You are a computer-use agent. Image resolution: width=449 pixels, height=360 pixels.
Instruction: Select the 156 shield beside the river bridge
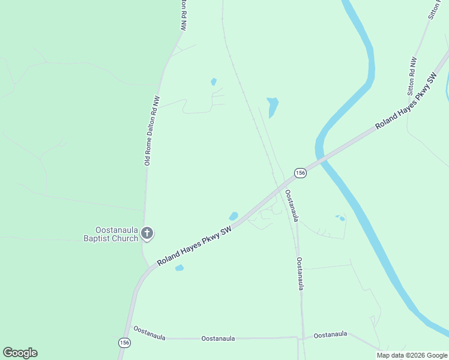point(300,173)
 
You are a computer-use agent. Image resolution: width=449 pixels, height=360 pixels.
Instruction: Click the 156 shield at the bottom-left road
point(124,343)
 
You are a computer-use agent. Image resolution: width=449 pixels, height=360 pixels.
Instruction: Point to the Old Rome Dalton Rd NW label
point(152,131)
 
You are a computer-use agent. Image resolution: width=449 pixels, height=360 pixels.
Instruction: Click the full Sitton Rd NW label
point(412,77)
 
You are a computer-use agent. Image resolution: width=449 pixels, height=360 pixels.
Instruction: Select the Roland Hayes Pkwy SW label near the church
point(194,247)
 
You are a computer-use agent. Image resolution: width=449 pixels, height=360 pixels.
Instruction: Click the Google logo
point(20,353)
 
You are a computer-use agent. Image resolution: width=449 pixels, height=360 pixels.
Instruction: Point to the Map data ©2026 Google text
point(412,355)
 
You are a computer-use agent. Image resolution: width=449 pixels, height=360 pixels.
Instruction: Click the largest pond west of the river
point(273,106)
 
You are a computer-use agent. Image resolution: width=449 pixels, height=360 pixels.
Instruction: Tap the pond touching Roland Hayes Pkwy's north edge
point(234,216)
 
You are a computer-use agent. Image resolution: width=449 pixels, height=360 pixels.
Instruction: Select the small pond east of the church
point(179,268)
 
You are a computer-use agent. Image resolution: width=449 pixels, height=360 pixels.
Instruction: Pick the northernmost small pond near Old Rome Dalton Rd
point(213,82)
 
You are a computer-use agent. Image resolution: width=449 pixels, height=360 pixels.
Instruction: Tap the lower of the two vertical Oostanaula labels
point(300,274)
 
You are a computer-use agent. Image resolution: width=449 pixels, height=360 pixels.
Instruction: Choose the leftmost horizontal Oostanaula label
point(149,332)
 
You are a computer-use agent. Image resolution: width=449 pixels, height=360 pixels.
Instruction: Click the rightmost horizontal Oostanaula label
point(331,334)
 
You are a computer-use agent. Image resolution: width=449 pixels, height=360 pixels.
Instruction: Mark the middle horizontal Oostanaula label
point(218,338)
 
